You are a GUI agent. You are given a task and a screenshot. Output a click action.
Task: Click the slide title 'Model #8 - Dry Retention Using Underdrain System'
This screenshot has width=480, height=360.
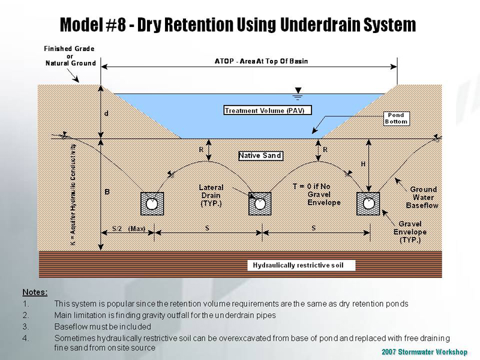tap(238, 25)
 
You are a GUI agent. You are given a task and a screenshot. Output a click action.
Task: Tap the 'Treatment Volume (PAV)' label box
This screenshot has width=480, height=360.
tap(264, 110)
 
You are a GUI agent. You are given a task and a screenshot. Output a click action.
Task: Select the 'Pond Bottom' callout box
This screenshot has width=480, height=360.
tap(396, 118)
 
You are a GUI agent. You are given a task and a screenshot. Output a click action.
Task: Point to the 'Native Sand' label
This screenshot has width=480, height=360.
tap(260, 156)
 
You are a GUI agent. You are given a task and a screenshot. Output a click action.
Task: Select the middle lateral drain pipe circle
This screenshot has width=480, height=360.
tap(260, 204)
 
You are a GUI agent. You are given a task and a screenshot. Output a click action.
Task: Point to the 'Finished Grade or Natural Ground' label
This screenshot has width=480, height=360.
tap(70, 56)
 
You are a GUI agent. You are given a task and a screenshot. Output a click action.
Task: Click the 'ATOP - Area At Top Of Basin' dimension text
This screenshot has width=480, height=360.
tap(261, 61)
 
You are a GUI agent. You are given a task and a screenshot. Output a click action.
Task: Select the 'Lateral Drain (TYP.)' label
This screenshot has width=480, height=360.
tap(211, 196)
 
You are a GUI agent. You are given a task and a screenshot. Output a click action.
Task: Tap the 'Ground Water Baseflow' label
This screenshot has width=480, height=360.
tap(423, 197)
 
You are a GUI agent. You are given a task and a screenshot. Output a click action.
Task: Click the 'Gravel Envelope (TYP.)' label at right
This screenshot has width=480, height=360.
tap(410, 232)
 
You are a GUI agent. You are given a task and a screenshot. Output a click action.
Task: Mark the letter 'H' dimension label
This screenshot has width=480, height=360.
tap(363, 164)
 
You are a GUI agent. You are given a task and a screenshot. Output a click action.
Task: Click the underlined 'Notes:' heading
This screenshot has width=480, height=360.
tap(35, 292)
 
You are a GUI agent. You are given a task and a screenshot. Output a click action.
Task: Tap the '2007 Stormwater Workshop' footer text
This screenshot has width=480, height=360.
tap(424, 352)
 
